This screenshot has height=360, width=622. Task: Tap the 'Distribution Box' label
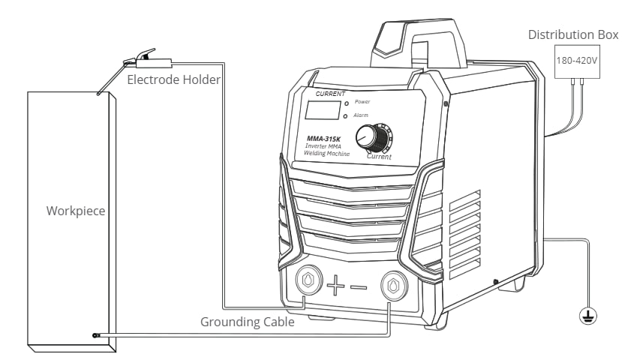tap(573, 34)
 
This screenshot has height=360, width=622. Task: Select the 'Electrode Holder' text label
tap(174, 79)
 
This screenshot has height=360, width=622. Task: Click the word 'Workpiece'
tap(76, 211)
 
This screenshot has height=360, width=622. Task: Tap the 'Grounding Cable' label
tap(247, 322)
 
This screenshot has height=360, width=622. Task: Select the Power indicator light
tap(346, 102)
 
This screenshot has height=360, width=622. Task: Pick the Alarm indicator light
tap(346, 117)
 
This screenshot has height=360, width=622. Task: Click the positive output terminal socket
tap(308, 281)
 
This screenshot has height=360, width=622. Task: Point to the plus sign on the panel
tap(335, 284)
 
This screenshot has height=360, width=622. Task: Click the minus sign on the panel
tap(359, 286)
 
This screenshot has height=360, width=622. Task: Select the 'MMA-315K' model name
tap(323, 138)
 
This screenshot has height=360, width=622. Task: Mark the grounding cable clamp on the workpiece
tap(95, 335)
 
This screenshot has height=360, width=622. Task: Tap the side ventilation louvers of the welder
tap(464, 232)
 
